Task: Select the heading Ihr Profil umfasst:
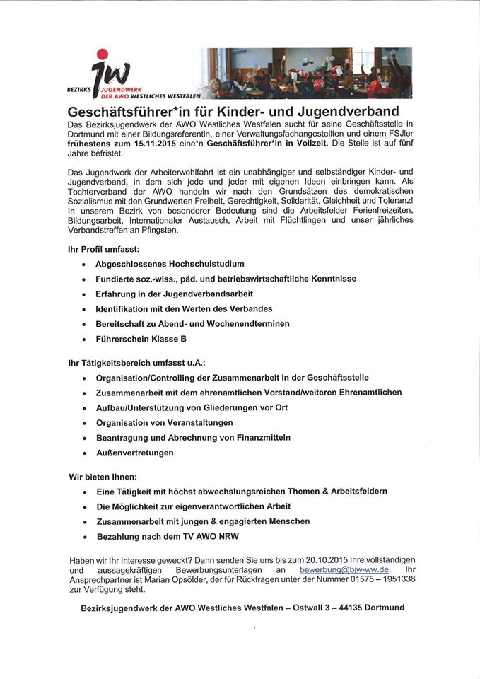103,249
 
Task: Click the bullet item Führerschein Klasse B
141,339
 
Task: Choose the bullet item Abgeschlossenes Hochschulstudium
170,264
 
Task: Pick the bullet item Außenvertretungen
135,453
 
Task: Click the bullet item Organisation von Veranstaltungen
165,422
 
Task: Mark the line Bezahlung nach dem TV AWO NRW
173,537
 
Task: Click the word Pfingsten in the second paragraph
158,230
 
